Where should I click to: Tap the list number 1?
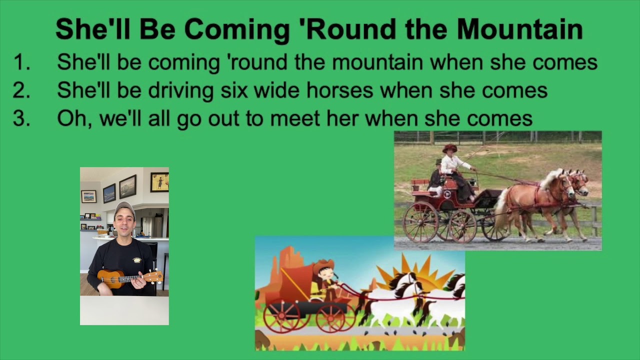point(21,62)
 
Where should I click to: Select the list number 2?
point(21,90)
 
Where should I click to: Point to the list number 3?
point(21,118)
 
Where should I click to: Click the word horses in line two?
point(339,90)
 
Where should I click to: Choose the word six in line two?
point(234,90)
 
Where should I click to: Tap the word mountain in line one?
point(377,62)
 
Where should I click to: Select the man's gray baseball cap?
point(124,207)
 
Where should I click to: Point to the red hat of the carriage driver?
point(450,148)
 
